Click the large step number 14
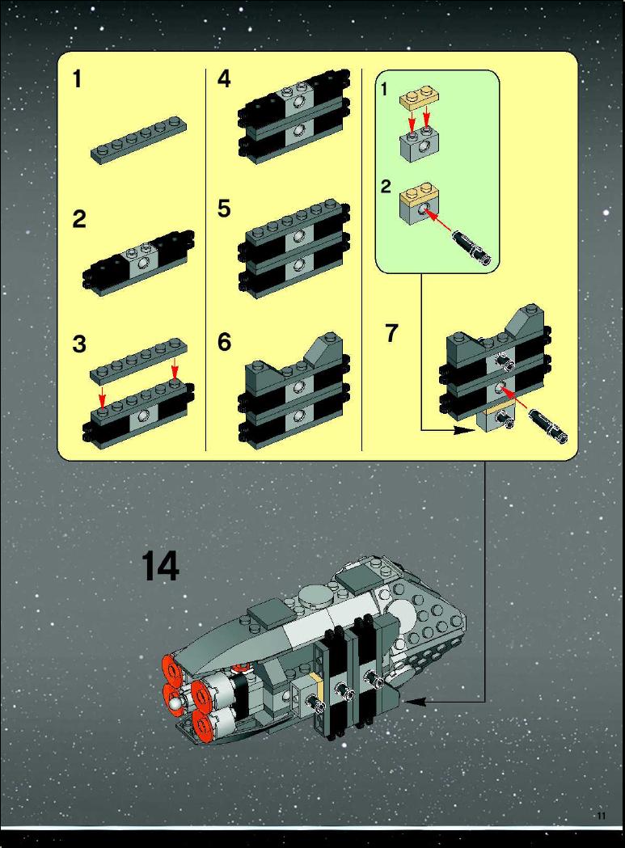tap(160, 566)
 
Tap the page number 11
tap(602, 816)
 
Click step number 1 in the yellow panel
tap(78, 79)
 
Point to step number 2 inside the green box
tap(386, 187)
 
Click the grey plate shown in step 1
tap(139, 140)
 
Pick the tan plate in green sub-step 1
tap(418, 97)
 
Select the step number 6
tap(224, 342)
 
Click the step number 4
tap(224, 79)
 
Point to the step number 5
tap(224, 209)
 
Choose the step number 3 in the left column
tap(79, 344)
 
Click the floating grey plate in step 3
tap(139, 361)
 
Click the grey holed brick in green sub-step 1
tap(418, 142)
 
